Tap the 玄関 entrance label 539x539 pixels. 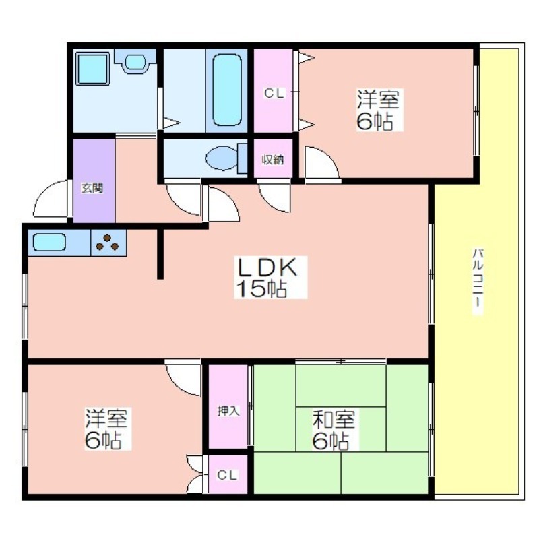click(x=92, y=188)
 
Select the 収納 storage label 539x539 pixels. click(x=273, y=160)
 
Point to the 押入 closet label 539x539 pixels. click(x=228, y=411)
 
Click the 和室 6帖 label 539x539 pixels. click(x=334, y=430)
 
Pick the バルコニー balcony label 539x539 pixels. click(x=478, y=281)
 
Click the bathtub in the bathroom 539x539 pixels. click(x=226, y=90)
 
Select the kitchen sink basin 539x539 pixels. click(x=49, y=243)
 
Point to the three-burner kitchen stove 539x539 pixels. click(x=108, y=243)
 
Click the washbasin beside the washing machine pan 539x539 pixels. click(x=135, y=61)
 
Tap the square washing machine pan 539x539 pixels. click(x=92, y=69)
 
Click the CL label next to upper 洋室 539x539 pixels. click(x=274, y=93)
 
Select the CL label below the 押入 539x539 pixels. click(x=227, y=476)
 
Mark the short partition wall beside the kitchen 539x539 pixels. click(x=160, y=254)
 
